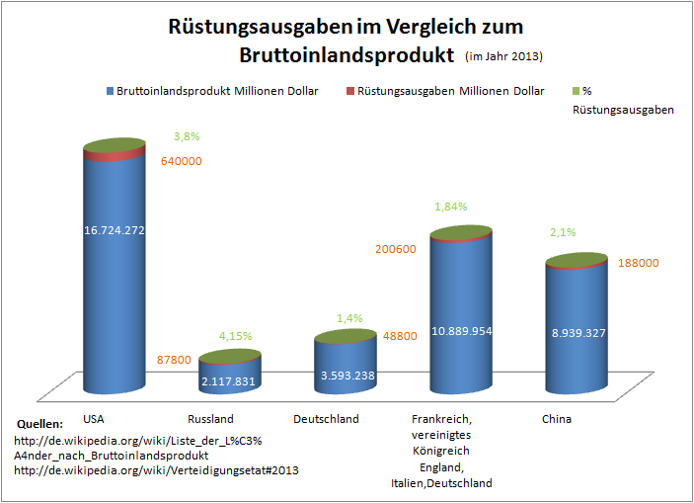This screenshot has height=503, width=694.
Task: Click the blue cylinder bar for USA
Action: [114, 287]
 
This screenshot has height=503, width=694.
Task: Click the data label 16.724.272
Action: [115, 230]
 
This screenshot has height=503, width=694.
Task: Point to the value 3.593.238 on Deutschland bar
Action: [344, 376]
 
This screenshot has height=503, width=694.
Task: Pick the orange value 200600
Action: [397, 249]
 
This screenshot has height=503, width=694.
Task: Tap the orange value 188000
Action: [638, 263]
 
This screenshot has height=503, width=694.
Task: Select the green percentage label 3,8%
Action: [188, 136]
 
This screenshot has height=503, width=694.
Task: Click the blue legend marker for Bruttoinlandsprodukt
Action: [110, 92]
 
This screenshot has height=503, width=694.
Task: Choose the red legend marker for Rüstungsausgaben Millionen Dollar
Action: [351, 92]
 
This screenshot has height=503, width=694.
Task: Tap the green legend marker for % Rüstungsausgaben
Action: [577, 92]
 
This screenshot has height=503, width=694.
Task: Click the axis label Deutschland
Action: [327, 419]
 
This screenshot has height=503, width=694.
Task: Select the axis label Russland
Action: [210, 419]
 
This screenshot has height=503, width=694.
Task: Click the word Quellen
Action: [40, 423]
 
